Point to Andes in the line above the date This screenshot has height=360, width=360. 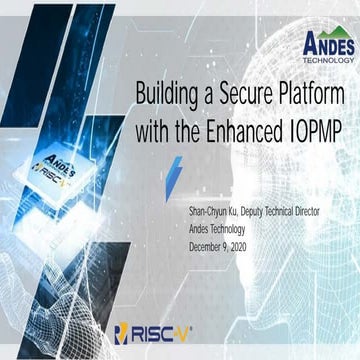click(x=199, y=230)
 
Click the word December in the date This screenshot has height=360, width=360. click(x=206, y=245)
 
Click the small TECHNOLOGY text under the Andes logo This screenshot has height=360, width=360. click(x=327, y=56)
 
